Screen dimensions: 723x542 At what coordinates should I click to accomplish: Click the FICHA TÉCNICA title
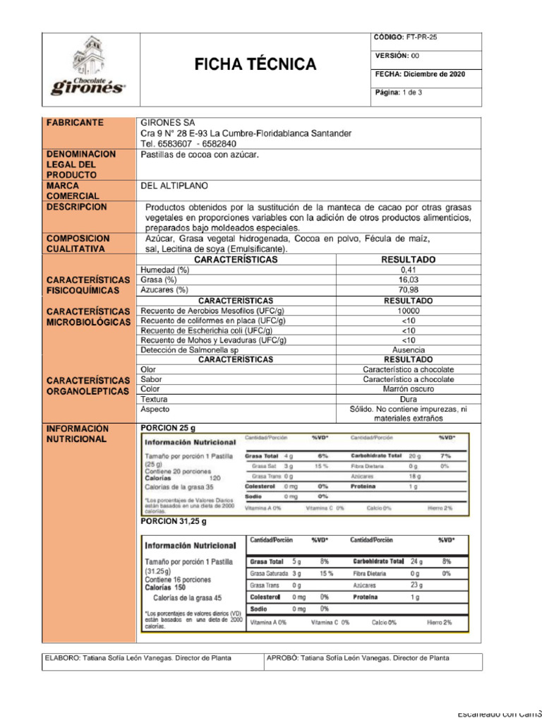[x=255, y=65]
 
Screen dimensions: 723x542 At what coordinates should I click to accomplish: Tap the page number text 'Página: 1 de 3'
[x=398, y=92]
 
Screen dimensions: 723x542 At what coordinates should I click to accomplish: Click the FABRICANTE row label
[x=76, y=123]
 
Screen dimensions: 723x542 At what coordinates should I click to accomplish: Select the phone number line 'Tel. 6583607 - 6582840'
[x=188, y=143]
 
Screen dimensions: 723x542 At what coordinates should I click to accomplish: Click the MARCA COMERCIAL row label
[x=73, y=191]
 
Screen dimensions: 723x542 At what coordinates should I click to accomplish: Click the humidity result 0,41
[x=409, y=270]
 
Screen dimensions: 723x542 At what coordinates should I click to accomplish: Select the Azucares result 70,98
[x=409, y=289]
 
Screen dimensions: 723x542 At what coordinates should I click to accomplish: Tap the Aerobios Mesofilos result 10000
[x=409, y=311]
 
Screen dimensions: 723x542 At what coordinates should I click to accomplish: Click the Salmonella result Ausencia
[x=409, y=350]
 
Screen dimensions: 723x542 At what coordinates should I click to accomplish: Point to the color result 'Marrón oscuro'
[x=409, y=389]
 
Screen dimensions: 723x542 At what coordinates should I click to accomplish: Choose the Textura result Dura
[x=409, y=399]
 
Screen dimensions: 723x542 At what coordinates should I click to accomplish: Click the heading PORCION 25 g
[x=168, y=428]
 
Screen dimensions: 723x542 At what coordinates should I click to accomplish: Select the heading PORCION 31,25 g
[x=174, y=522]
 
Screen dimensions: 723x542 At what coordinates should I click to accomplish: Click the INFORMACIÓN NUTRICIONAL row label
[x=78, y=434]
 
